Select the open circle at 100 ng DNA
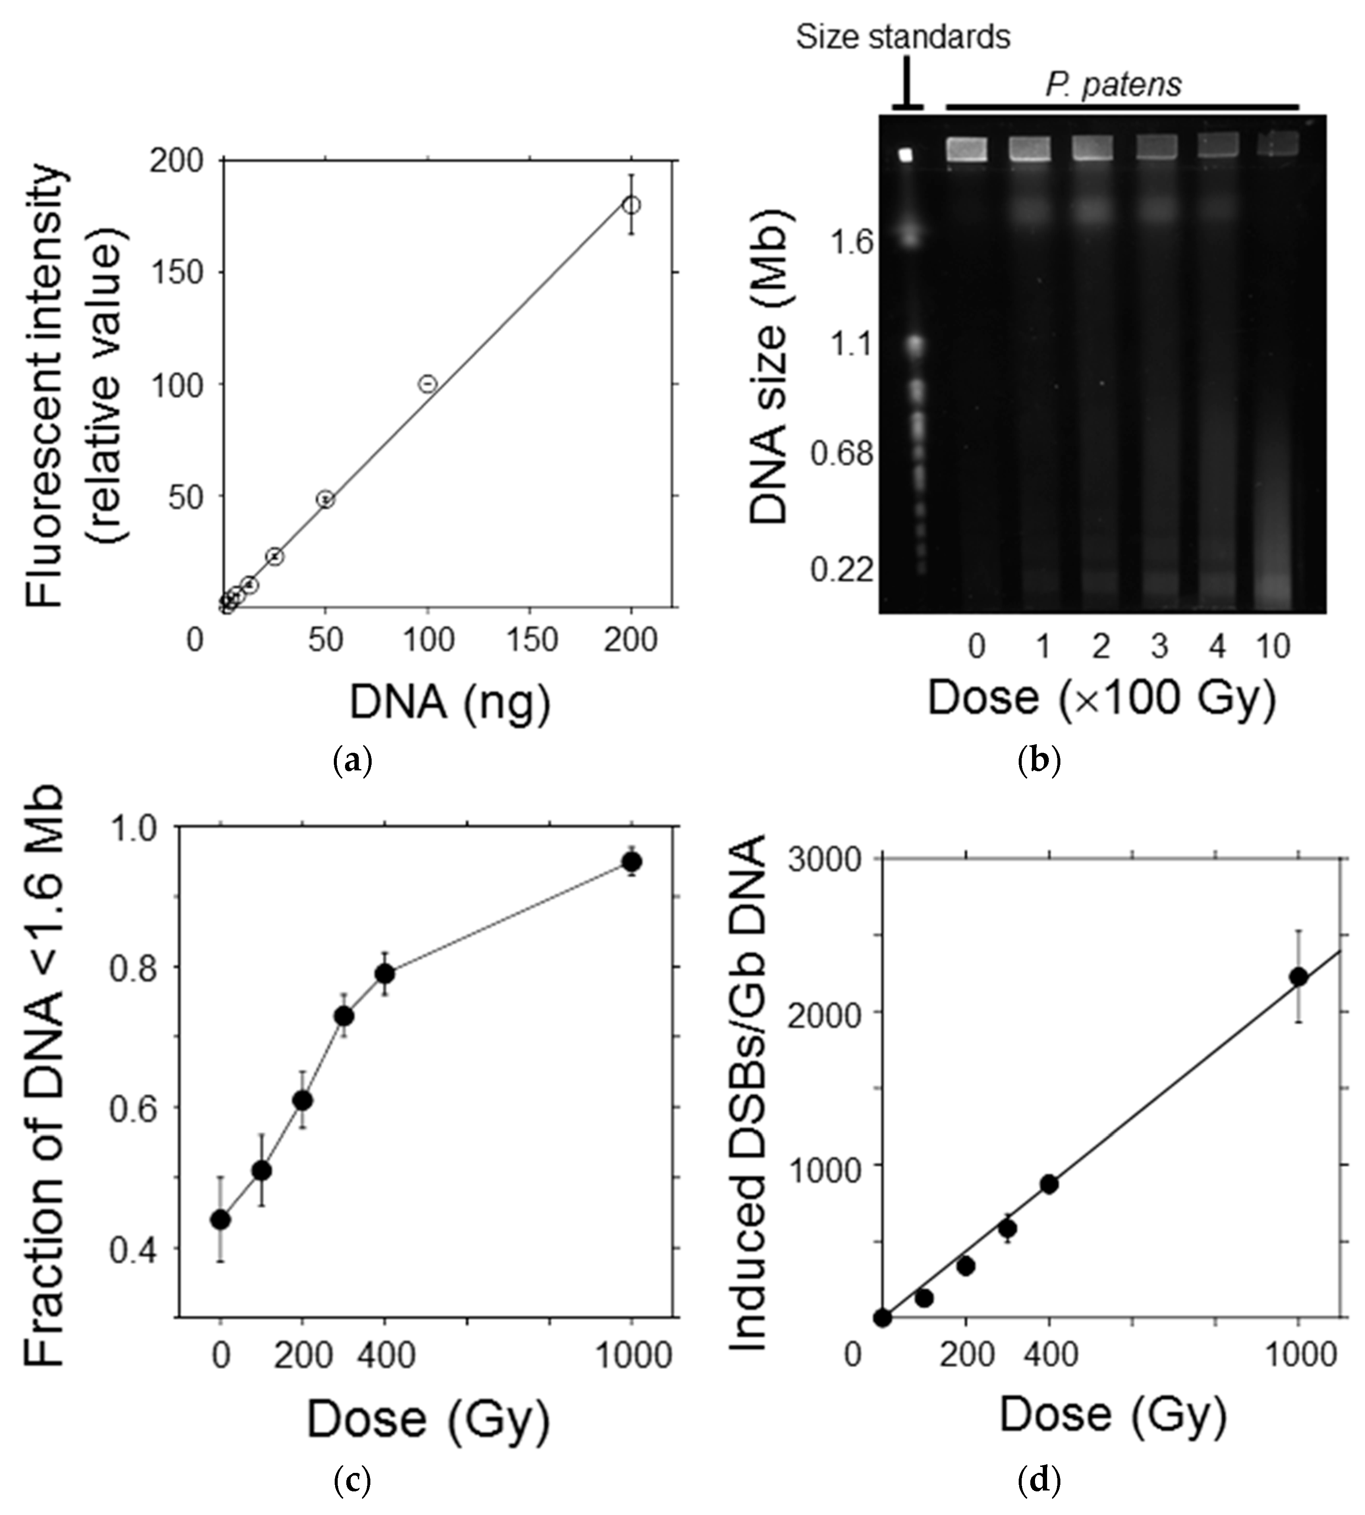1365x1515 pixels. pyautogui.click(x=428, y=384)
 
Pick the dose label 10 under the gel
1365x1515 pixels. pyautogui.click(x=1272, y=647)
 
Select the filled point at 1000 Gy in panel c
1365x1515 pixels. pyautogui.click(x=632, y=862)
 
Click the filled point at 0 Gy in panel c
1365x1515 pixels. pyautogui.click(x=220, y=1219)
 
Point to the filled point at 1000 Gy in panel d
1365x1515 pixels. pyautogui.click(x=1298, y=977)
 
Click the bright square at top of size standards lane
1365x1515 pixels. pyautogui.click(x=906, y=155)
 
